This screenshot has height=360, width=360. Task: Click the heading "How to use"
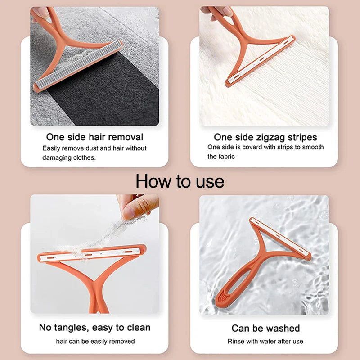(x=180, y=181)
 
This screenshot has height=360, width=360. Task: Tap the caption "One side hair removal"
(x=94, y=137)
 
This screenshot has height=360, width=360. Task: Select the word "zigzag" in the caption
(x=269, y=137)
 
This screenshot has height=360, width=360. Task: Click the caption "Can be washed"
(x=265, y=328)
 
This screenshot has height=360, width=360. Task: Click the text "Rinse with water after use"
(x=265, y=342)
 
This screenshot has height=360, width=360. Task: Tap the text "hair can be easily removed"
(x=95, y=342)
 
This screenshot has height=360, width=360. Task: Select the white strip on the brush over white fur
(x=261, y=63)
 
